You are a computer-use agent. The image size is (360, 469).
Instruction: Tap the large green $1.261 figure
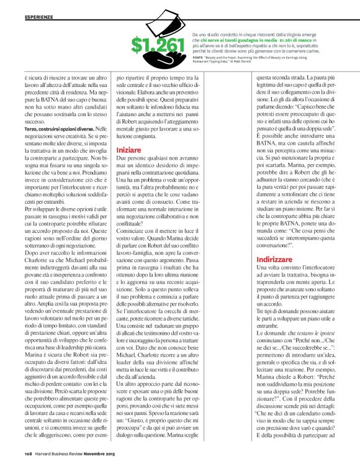click(x=158, y=45)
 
